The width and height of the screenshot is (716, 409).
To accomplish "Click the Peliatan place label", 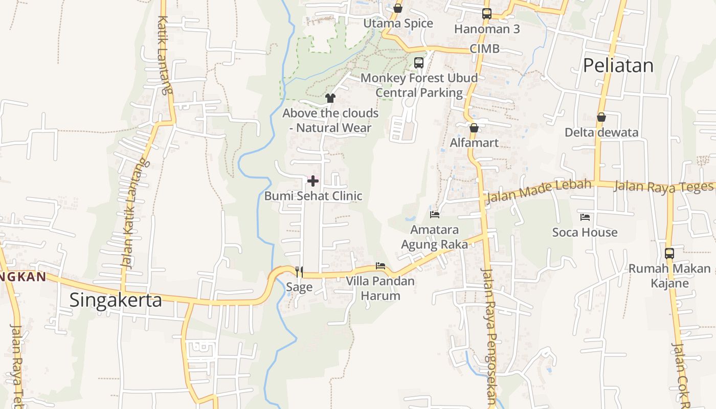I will [618, 65].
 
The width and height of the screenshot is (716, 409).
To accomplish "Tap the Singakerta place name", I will [116, 300].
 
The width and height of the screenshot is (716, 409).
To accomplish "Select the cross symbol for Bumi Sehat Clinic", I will [313, 180].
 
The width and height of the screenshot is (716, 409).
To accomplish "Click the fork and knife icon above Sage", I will [299, 271].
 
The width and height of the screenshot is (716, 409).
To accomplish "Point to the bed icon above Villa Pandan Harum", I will [381, 266].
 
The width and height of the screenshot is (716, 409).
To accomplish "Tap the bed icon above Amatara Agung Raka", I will [435, 215].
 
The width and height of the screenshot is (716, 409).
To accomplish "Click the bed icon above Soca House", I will [585, 217].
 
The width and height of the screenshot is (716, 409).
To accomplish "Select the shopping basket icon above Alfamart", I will [474, 127].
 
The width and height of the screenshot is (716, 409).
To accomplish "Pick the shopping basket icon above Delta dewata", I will [601, 117].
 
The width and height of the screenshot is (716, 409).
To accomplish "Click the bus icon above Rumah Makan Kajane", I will [669, 253].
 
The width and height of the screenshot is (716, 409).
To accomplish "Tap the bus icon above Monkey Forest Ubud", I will [419, 63].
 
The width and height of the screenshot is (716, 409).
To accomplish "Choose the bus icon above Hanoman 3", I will [487, 14].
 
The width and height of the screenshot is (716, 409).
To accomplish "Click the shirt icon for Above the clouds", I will [330, 98].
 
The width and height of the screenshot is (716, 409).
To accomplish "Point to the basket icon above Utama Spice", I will [398, 8].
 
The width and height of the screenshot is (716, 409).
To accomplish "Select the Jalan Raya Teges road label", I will [663, 186].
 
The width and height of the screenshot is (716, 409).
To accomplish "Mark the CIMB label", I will [484, 49].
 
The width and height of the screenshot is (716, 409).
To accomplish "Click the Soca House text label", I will [585, 233].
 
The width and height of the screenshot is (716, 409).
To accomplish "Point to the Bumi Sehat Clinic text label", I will [313, 196].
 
